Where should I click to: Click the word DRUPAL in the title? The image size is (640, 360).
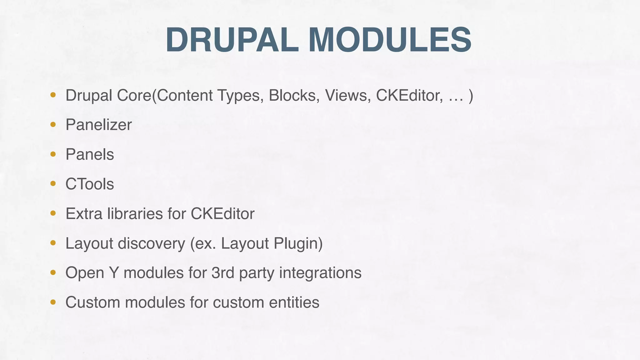point(232,40)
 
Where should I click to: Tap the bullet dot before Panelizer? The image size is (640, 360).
point(53,125)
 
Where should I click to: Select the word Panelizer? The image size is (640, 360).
point(98,125)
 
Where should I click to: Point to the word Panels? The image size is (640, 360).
point(90,154)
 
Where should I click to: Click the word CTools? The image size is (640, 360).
point(90,184)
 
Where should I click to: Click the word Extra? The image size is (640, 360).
point(83,213)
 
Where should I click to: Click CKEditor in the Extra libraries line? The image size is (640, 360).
point(222,213)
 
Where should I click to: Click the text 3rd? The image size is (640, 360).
point(223,272)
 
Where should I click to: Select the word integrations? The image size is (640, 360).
point(320,272)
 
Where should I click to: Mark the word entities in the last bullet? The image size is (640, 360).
point(294,302)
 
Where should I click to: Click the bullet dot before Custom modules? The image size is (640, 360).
point(53,302)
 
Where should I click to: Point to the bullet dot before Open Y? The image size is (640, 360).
point(53,272)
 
